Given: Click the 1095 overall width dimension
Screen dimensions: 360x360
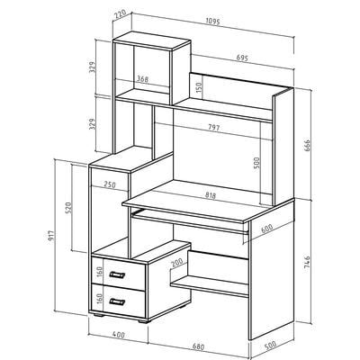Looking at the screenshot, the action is coord(213,22).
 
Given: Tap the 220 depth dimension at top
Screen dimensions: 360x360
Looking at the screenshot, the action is coord(120,15).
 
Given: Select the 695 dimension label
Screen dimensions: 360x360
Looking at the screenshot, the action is coord(241,58).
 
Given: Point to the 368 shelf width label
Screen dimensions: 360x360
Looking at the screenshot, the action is coord(143,79).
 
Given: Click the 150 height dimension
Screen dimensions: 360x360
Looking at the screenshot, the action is coord(200,87).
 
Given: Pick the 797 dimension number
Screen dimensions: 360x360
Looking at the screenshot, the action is coord(214,127).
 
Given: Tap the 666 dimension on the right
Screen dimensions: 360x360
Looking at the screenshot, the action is coord(307,145).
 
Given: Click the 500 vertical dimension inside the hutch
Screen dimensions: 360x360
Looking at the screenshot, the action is coord(256,163).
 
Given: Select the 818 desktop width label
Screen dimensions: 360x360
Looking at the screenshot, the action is coord(211,195).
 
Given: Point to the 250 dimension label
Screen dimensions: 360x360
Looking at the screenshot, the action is coord(110,184).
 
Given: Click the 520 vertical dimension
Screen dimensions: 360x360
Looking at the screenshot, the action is coord(68,208).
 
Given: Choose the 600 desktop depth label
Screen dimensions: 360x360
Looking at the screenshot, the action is coord(266,229).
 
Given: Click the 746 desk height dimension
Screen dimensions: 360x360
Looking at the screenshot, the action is coord(307,263).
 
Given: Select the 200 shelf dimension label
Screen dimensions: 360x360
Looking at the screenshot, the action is coord(177,263).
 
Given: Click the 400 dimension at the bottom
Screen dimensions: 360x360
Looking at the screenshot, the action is coord(119,335).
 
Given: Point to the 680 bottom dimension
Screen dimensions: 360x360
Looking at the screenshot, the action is coord(198,347).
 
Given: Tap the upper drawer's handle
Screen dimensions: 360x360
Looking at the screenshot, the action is coord(117,274).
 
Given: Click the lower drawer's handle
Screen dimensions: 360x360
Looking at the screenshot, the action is coord(117,301).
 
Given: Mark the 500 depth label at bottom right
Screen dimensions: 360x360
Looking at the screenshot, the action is coord(270,346).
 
